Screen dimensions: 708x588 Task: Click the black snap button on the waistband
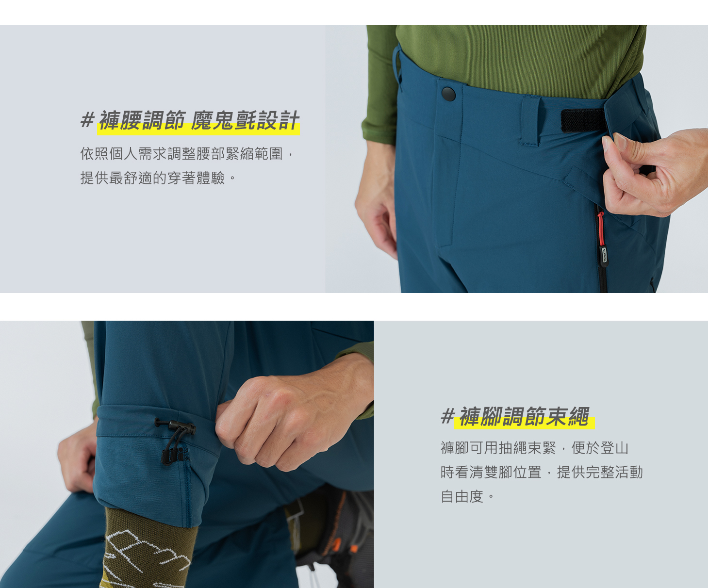[448, 94]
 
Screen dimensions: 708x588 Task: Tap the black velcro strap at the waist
[583, 120]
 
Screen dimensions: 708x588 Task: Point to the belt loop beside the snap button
[531, 121]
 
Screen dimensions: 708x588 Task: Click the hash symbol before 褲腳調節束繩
[448, 416]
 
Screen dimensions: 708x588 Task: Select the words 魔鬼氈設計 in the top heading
[245, 120]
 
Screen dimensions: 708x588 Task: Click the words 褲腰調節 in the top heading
[142, 120]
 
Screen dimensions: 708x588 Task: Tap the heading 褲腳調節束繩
[524, 416]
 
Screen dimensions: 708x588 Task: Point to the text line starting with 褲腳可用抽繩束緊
[534, 448]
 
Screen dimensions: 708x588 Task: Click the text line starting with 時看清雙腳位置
[542, 472]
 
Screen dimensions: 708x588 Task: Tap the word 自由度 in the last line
[462, 496]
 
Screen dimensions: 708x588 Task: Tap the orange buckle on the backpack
[336, 545]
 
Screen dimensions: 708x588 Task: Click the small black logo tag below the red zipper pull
[604, 256]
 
